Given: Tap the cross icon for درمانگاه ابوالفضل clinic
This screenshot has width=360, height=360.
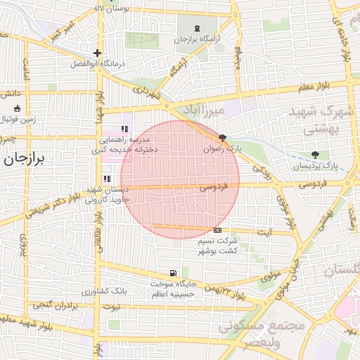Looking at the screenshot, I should (x=97, y=53).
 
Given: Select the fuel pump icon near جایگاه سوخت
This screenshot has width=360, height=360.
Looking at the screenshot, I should (x=172, y=274).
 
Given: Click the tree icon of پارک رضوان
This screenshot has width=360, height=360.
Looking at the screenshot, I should (x=223, y=138).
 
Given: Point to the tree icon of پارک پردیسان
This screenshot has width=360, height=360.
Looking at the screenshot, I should (x=314, y=155).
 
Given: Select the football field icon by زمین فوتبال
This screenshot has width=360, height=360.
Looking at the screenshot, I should (x=17, y=109).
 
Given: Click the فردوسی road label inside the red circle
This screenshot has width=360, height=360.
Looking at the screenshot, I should (x=214, y=188).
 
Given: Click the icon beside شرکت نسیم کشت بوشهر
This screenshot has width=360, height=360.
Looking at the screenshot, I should (x=217, y=230).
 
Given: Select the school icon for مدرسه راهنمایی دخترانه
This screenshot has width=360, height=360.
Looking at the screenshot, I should (x=124, y=129).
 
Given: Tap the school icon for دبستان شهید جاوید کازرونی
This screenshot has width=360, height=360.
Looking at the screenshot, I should (x=106, y=179).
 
